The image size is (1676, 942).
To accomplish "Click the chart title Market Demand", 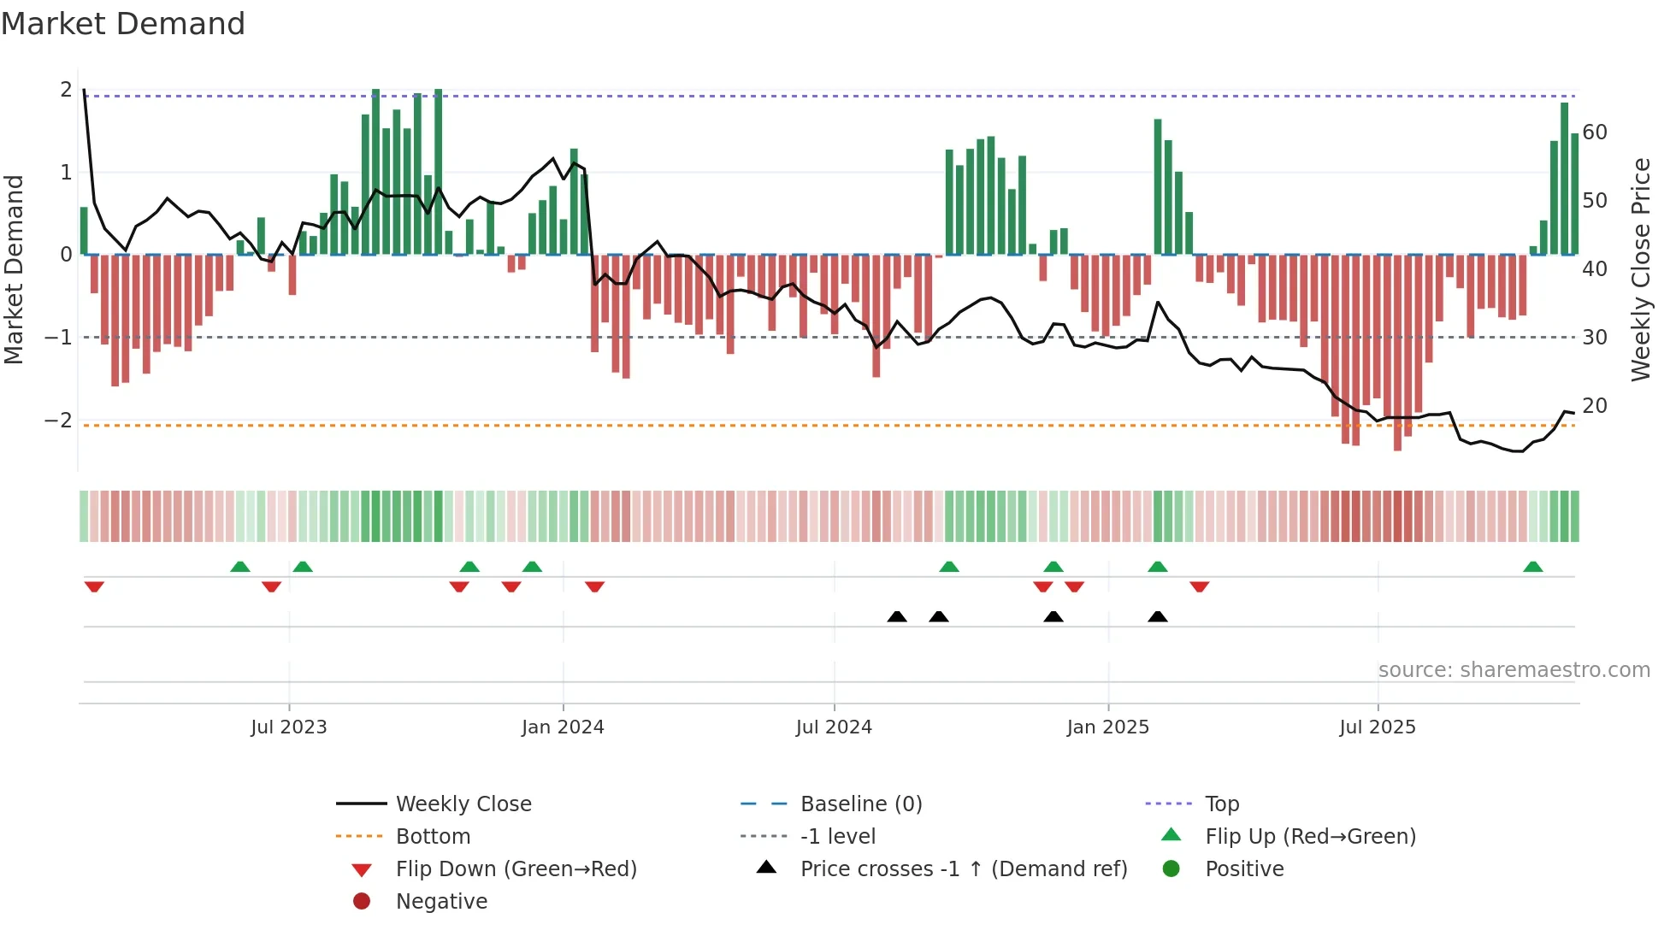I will click(123, 24).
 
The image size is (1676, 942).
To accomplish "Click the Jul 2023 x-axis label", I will click(288, 727).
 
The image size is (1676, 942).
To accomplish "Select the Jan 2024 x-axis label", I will click(563, 727).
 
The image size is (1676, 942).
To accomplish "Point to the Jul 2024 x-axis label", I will click(834, 727).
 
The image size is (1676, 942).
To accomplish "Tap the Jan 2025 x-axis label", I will click(1107, 727).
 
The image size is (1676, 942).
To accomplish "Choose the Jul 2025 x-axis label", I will click(1377, 727).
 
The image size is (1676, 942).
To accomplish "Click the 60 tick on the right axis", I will click(1594, 132).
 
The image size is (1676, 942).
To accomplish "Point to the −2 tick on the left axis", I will click(58, 420).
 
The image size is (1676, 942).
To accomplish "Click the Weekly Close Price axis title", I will click(1640, 269).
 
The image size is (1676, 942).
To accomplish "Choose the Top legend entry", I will click(1221, 804).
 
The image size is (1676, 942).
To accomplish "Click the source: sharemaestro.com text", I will click(1514, 670).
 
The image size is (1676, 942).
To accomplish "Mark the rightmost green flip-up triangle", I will click(1532, 567).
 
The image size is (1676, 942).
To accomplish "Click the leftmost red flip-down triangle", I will click(94, 586).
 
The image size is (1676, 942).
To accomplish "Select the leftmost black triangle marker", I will click(896, 616).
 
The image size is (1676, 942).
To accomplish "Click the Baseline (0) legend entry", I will click(860, 804).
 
